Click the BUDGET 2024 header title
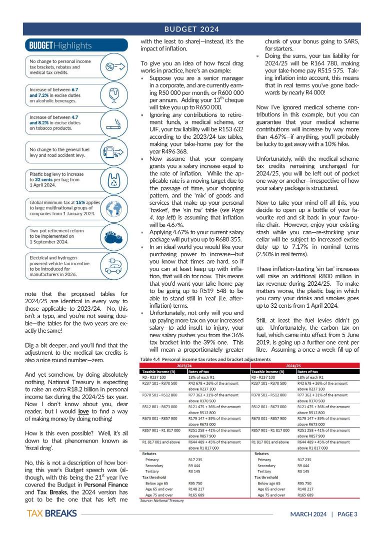[192, 28]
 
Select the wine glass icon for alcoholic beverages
[113, 94]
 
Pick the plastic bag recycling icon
[113, 179]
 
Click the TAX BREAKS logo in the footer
[52, 527]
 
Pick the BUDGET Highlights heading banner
[60, 45]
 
